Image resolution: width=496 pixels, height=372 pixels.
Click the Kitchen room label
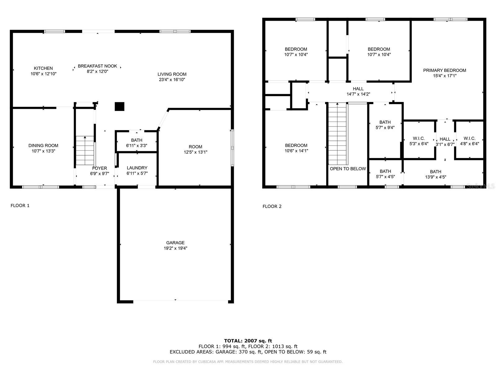[43, 68]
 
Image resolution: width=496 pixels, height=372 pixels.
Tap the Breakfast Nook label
[97, 66]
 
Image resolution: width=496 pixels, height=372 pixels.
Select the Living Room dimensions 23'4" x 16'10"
[172, 79]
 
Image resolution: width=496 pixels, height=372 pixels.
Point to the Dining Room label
[43, 145]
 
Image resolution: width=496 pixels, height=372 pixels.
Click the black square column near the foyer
[120, 107]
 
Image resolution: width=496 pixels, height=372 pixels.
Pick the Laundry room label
[137, 168]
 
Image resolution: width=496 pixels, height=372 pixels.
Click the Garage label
[175, 243]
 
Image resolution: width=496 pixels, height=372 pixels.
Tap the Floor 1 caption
[20, 206]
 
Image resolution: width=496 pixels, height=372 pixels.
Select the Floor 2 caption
[272, 206]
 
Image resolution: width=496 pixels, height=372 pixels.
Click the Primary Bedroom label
[445, 70]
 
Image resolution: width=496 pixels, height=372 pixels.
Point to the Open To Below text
[348, 169]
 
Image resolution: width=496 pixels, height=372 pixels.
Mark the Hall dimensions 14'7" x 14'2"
[358, 94]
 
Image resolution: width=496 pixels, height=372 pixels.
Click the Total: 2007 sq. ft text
[248, 341]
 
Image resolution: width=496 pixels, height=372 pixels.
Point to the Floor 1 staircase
[85, 151]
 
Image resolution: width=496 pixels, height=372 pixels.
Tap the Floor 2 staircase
[337, 134]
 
